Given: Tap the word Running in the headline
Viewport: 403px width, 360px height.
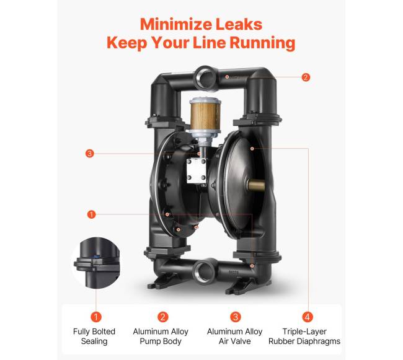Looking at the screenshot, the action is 262,43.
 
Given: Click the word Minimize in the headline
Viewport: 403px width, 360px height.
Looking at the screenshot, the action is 176,24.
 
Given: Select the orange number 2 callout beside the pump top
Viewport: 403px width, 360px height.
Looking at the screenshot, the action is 306,77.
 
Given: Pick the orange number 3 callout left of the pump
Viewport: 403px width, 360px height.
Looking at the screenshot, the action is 89,154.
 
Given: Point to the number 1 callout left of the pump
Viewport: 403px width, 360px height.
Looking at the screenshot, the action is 91,214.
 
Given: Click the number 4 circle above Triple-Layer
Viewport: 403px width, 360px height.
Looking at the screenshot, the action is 308,317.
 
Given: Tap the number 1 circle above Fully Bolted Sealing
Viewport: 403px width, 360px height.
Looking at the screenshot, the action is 96,317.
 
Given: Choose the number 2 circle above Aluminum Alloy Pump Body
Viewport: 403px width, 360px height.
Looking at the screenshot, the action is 162,317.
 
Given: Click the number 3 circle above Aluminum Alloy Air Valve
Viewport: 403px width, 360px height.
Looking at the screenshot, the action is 235,317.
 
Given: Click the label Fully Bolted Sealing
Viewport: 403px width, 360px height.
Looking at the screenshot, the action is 94,336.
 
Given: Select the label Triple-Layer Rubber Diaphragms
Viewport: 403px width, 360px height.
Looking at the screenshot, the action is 304,336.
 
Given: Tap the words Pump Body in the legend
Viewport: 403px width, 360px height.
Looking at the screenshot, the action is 161,341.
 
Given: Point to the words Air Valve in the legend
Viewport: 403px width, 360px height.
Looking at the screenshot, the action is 234,341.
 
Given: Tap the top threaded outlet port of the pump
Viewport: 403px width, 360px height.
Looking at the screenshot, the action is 206,78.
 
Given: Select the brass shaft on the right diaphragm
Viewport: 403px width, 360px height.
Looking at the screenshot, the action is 257,185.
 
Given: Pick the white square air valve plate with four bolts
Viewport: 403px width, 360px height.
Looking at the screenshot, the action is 197,170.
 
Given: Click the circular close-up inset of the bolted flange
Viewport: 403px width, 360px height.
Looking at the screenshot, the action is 97,262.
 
